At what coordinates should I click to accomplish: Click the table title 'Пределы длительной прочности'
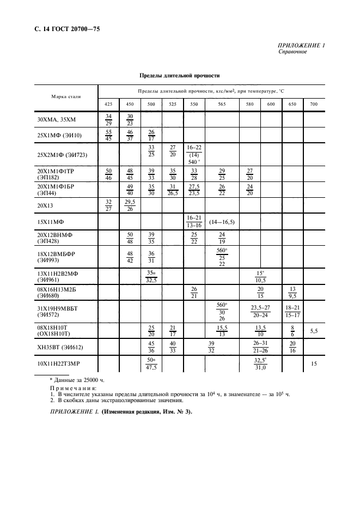point(179,76)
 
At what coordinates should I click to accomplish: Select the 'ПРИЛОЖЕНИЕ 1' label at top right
point(301,46)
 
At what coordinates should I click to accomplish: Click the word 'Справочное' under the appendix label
point(293,52)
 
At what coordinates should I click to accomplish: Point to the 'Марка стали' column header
point(66,96)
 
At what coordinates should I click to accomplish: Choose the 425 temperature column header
point(108,104)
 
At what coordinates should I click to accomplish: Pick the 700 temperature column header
point(313,104)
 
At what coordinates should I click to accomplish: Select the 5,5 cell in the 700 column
point(313,331)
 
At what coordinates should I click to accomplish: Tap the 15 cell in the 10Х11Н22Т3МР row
point(313,362)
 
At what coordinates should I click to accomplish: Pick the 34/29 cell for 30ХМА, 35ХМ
point(108,119)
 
